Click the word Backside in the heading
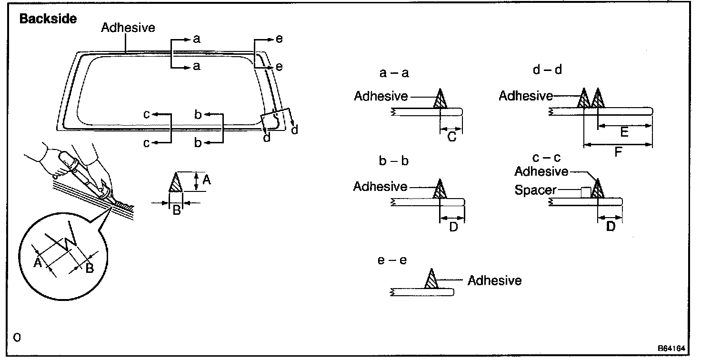[48, 20]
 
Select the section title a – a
[394, 73]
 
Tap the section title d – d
[548, 70]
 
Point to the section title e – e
[393, 260]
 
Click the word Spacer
[535, 190]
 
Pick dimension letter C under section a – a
[452, 137]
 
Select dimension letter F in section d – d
[618, 153]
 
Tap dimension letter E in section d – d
[624, 132]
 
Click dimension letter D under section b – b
[453, 227]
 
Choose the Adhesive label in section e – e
[494, 280]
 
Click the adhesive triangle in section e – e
[431, 280]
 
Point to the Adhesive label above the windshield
[128, 28]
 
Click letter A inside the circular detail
[38, 262]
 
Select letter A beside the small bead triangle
[206, 180]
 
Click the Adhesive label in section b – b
[380, 187]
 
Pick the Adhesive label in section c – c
[541, 170]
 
